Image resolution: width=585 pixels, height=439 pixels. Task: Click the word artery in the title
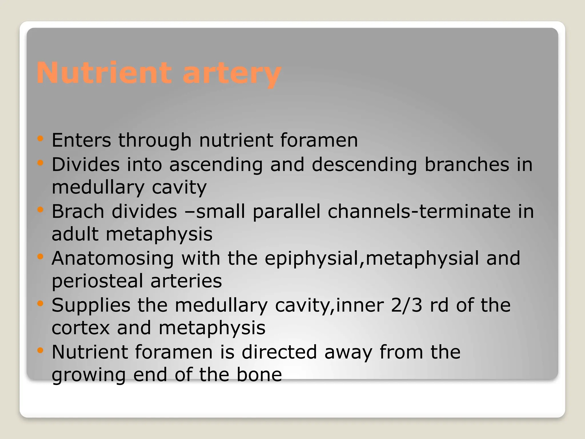pyautogui.click(x=232, y=74)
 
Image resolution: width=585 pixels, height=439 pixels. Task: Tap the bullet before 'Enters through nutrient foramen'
pyautogui.click(x=40, y=139)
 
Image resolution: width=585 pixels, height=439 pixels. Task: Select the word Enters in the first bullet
pyautogui.click(x=81, y=140)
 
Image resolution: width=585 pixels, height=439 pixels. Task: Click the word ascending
pyautogui.click(x=216, y=165)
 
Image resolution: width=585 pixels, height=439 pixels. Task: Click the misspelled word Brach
pyautogui.click(x=78, y=211)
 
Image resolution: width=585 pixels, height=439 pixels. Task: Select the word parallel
pyautogui.click(x=287, y=211)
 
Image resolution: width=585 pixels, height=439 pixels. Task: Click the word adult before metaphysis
pyautogui.click(x=75, y=234)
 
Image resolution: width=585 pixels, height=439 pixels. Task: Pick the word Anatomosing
pyautogui.click(x=113, y=258)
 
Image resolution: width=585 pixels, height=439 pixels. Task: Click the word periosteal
pyautogui.click(x=97, y=281)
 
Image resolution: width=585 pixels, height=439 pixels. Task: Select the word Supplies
pyautogui.click(x=91, y=306)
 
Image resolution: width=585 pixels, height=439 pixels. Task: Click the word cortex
pyautogui.click(x=81, y=328)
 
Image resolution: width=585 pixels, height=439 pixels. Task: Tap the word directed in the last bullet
pyautogui.click(x=279, y=352)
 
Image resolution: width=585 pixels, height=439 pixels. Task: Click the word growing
pyautogui.click(x=89, y=375)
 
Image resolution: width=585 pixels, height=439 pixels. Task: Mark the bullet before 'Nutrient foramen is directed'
pyautogui.click(x=40, y=350)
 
